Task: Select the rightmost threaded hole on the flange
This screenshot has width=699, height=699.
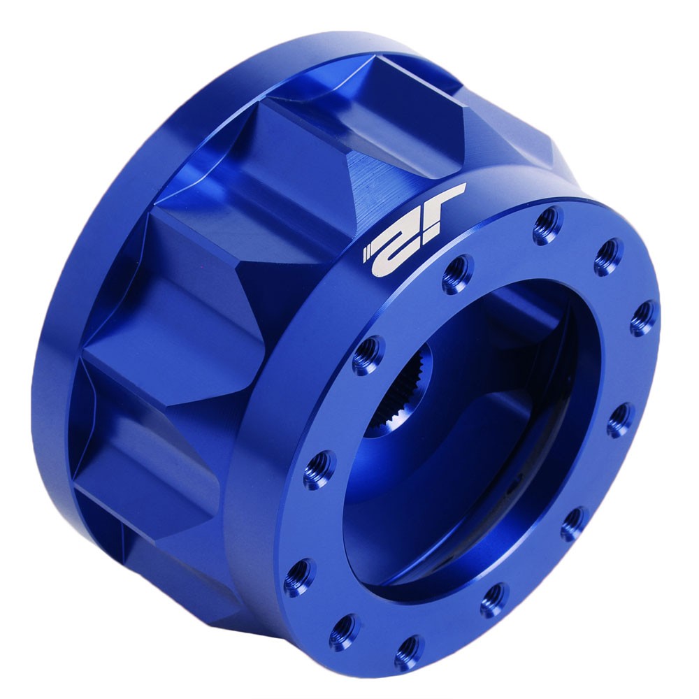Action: [x=644, y=319]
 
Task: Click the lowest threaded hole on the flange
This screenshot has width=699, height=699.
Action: [x=408, y=651]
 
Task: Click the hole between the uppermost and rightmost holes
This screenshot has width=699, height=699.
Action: [x=608, y=257]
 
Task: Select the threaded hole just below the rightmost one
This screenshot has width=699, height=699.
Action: [x=619, y=420]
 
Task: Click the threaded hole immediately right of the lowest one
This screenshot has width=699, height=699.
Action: [x=494, y=600]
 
